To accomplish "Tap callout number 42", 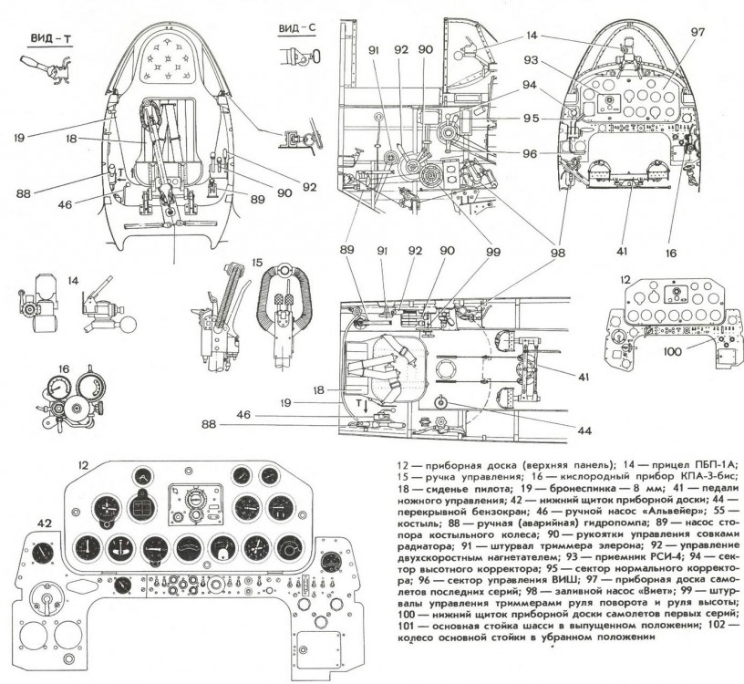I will (43, 522).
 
